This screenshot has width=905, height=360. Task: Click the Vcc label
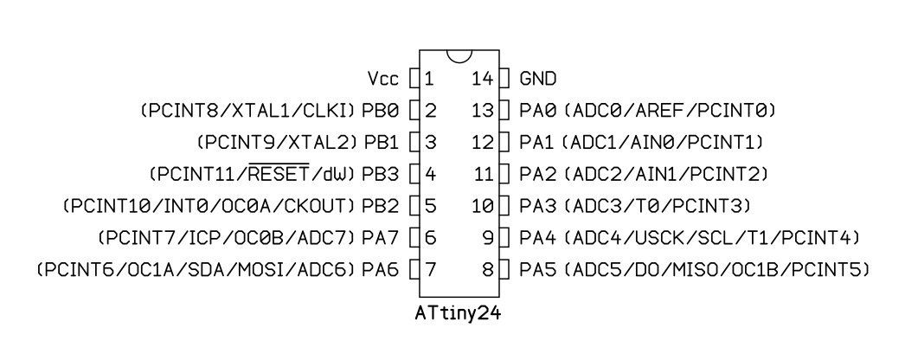(x=383, y=79)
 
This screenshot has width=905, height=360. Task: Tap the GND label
(x=538, y=79)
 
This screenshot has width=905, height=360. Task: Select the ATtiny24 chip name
(x=459, y=313)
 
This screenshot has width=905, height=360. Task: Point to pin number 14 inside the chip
(x=483, y=79)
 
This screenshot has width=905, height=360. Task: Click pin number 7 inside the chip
(x=431, y=269)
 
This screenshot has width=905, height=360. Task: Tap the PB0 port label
(x=381, y=110)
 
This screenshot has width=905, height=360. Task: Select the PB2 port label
(x=381, y=205)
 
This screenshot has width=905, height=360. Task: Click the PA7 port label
(x=381, y=237)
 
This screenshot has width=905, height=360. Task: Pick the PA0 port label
(x=538, y=110)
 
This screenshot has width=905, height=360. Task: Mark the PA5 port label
(x=538, y=269)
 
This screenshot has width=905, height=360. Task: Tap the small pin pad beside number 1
(x=414, y=79)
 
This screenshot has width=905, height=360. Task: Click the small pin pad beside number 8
(x=504, y=269)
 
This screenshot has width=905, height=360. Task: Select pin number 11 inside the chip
(x=484, y=174)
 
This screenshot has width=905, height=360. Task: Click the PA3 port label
(x=538, y=205)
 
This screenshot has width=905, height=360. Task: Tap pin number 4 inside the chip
(x=431, y=174)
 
